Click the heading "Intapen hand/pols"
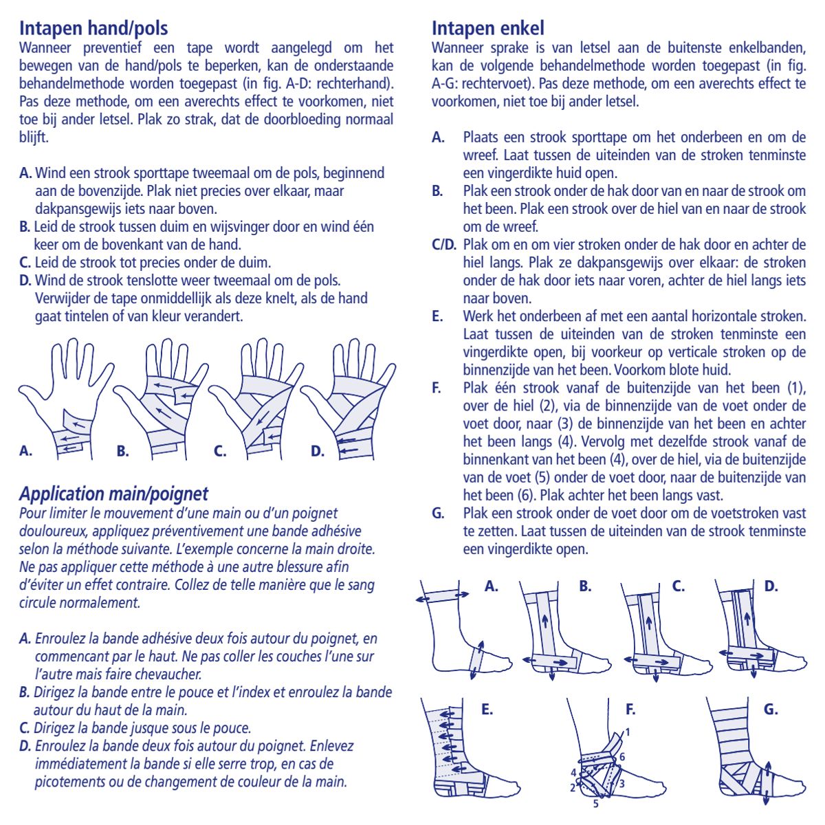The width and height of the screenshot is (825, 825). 93,28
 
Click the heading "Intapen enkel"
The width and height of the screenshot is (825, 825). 487,28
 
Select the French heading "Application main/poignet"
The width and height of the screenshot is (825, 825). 113,494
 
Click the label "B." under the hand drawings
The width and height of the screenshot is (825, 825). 123,451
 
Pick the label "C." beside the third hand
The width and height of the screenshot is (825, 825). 220,451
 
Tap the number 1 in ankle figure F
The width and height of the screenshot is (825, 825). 627,733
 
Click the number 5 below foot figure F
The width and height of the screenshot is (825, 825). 596,803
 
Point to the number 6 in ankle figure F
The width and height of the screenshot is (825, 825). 621,757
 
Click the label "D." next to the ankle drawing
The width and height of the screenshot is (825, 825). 771,586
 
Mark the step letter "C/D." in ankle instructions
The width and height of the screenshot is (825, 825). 443,245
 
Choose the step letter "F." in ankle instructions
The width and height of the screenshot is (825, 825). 437,388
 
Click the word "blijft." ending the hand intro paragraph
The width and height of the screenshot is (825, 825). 34,137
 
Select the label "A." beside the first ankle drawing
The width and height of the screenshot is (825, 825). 492,586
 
